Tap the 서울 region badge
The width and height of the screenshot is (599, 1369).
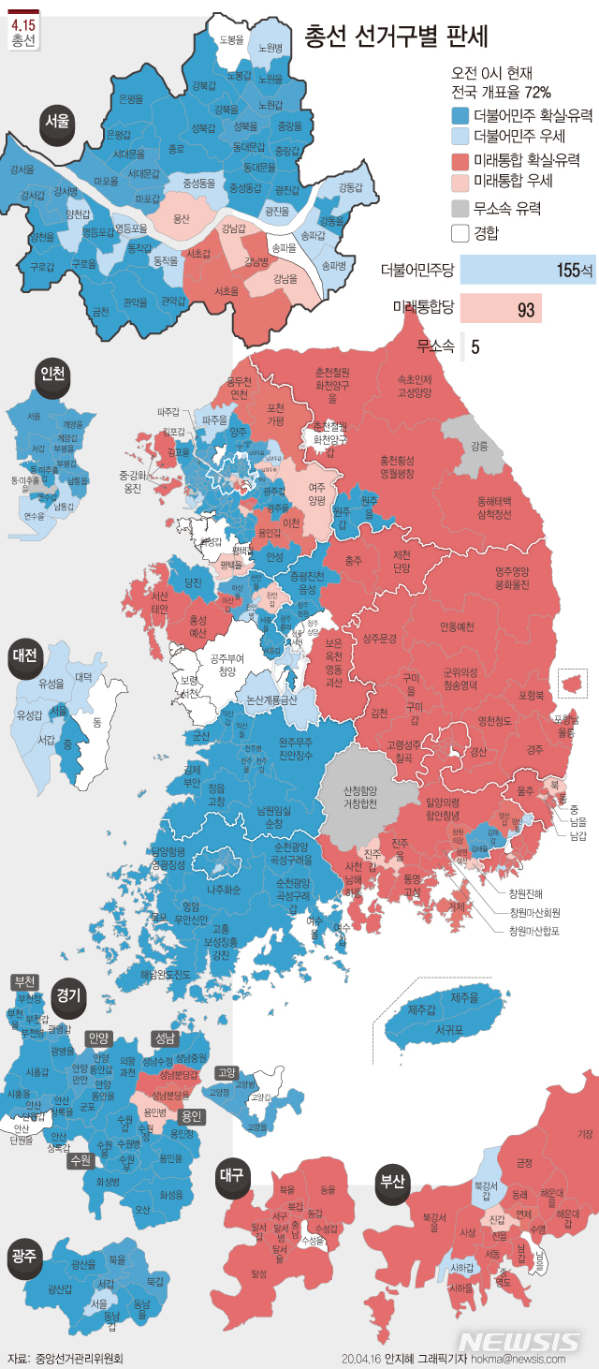(x=57, y=122)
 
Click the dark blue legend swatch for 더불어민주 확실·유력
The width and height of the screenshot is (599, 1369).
(x=460, y=116)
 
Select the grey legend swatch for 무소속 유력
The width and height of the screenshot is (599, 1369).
(x=460, y=208)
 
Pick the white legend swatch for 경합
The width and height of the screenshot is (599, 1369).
(x=460, y=232)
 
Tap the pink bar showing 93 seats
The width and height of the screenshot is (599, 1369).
(x=500, y=308)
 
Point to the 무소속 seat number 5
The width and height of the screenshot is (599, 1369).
(x=475, y=346)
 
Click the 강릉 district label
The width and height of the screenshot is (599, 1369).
(x=479, y=446)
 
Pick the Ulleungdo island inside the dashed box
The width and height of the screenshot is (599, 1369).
(x=570, y=684)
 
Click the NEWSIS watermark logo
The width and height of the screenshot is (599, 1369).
(x=519, y=1340)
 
